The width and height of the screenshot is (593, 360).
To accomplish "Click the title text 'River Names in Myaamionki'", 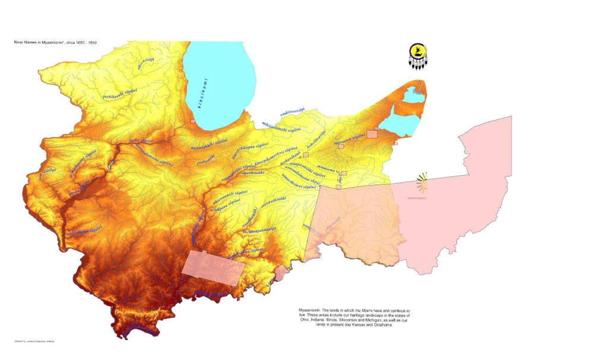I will point(50,43).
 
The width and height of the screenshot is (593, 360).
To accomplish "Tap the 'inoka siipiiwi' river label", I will point(142,141).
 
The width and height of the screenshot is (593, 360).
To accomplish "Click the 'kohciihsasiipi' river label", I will point(316,138).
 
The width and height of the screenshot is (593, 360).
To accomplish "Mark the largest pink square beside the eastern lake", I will point(372,134).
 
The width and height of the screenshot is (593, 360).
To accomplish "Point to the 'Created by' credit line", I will point(35,341).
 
